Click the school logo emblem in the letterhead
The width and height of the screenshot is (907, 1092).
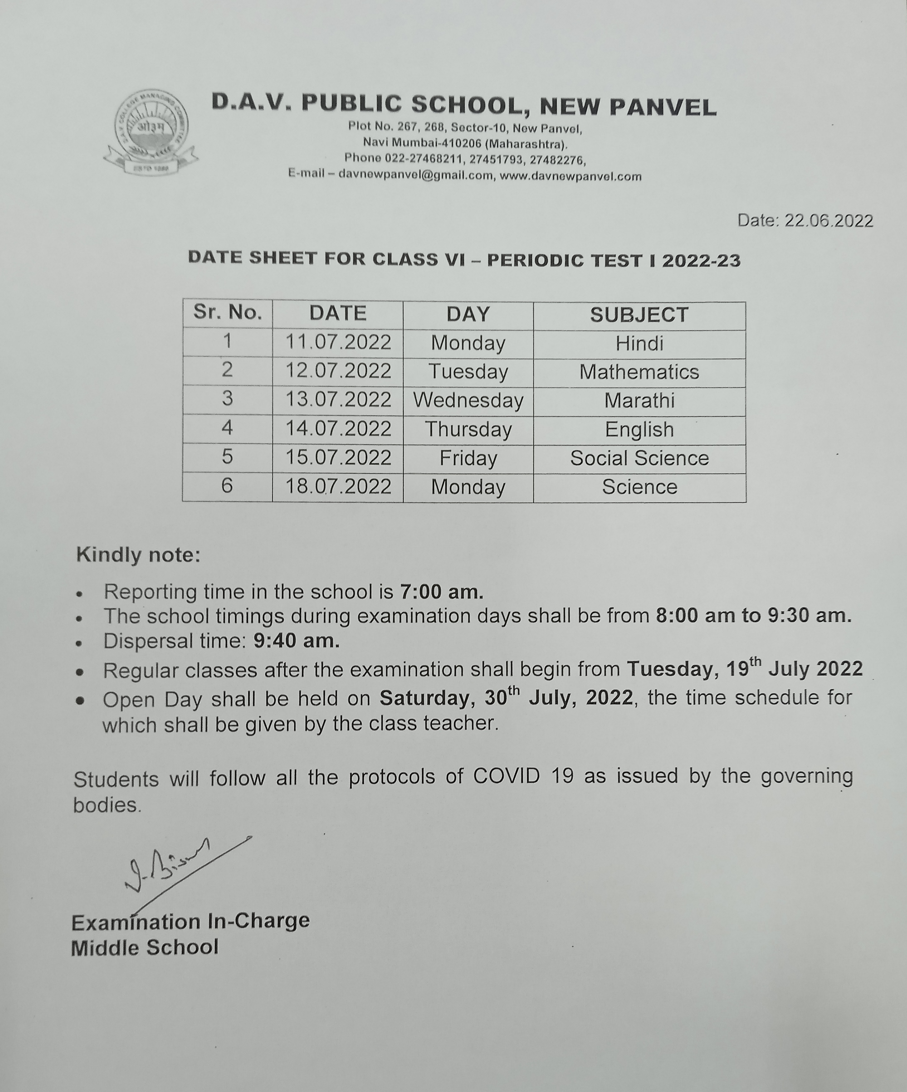pyautogui.click(x=150, y=132)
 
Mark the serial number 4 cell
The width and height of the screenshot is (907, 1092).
pyautogui.click(x=227, y=428)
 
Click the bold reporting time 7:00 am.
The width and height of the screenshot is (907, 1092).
pyautogui.click(x=441, y=592)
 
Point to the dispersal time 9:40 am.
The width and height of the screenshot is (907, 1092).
pyautogui.click(x=296, y=641)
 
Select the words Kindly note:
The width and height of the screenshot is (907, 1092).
pyautogui.click(x=138, y=555)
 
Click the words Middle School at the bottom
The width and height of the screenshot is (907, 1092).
pyautogui.click(x=145, y=948)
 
